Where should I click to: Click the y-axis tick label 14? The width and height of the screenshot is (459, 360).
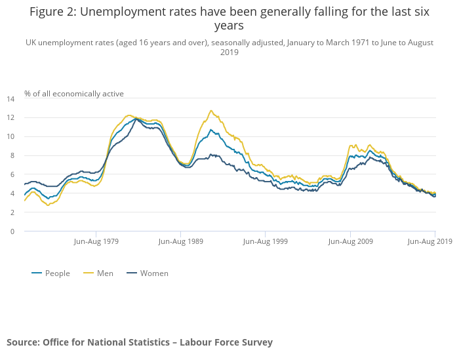[10, 99]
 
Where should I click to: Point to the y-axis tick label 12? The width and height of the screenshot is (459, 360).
[10, 118]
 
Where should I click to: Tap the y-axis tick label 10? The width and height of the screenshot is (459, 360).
[10, 137]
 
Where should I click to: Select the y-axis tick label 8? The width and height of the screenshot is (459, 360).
[12, 156]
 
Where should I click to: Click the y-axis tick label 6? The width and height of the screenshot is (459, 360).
[12, 175]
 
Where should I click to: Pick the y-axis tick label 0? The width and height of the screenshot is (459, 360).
[12, 231]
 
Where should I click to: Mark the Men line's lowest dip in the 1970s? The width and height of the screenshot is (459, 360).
[48, 205]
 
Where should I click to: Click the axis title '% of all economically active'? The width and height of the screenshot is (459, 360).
[74, 94]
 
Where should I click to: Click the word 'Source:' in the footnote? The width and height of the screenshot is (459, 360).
[23, 342]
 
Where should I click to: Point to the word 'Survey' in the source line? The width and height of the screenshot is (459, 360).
[256, 342]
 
